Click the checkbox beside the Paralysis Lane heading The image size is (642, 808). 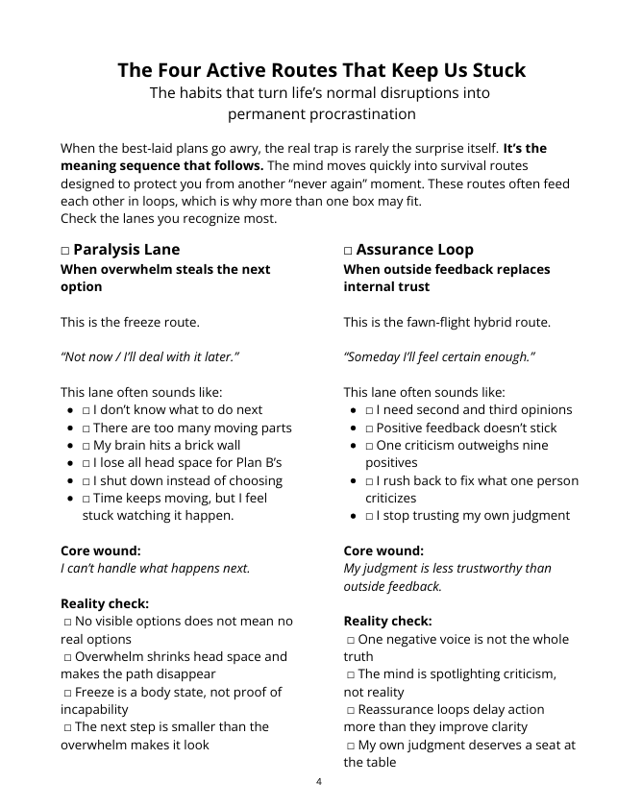pos(65,250)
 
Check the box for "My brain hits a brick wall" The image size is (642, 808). pos(86,446)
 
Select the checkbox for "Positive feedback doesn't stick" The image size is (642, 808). pos(369,428)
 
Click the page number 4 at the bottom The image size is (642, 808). pos(319,781)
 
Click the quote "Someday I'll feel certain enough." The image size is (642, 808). pos(439,356)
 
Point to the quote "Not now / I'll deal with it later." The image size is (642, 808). pos(149,356)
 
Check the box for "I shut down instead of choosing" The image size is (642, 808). pos(86,481)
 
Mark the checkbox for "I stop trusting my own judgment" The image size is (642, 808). pos(369,516)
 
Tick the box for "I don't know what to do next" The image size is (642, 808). pos(86,410)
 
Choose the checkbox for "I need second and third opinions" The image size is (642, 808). pos(369,410)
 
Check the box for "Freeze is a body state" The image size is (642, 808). pos(68,693)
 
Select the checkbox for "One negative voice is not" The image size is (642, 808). pos(351,640)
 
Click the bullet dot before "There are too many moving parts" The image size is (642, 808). pos(71,428)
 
